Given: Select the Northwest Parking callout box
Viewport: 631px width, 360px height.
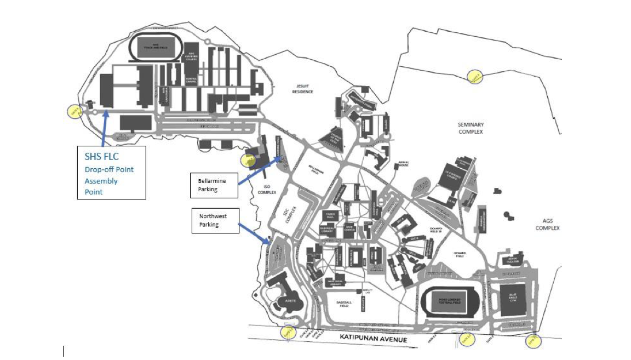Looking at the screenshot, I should point(215,220).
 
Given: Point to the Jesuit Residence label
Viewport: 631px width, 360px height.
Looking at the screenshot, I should point(302,89).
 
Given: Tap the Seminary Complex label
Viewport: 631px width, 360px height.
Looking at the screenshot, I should point(471,128).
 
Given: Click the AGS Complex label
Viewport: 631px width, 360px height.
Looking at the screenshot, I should point(547,224).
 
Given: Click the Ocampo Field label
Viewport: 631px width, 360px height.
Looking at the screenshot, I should point(459,254).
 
